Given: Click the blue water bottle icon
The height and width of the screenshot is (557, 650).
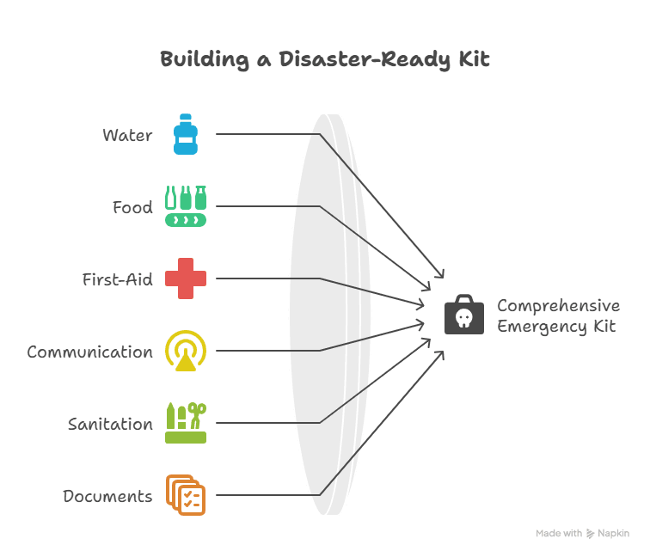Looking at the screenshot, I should (186, 134).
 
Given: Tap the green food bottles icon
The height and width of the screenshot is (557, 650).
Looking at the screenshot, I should (186, 206).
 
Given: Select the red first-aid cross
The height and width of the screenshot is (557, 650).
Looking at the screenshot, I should (186, 278).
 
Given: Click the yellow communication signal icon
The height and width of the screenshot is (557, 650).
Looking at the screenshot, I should (186, 351).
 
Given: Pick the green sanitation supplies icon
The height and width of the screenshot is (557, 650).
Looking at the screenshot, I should (186, 423).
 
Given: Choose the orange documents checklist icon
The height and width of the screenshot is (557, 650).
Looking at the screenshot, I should (186, 495).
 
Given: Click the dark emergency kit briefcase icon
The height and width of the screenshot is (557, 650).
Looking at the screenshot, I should (463, 315).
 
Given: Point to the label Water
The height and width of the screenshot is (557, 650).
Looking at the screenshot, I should (127, 135).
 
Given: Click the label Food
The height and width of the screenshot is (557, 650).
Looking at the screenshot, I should (132, 207).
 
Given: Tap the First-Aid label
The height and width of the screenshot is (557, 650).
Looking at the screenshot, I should (118, 279).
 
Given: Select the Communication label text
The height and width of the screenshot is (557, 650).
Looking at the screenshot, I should (89, 352).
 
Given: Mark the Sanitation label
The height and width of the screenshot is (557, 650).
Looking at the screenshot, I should (110, 424).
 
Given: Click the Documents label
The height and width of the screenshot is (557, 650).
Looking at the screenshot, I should (107, 496).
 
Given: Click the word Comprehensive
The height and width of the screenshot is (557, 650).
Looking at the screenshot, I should (558, 306).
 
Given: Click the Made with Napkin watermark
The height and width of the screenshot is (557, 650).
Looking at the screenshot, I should (582, 533).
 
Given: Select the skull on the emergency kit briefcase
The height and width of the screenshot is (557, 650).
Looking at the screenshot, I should (463, 319).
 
